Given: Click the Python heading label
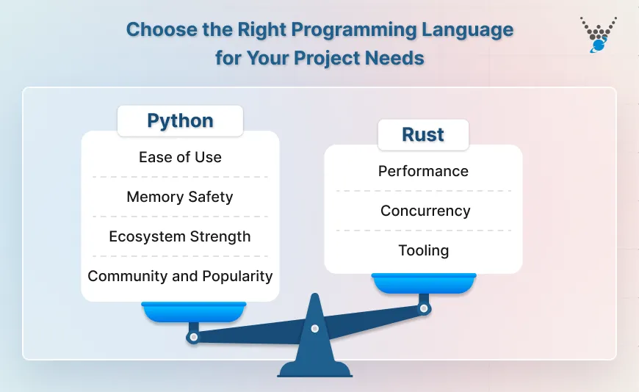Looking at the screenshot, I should [x=180, y=121].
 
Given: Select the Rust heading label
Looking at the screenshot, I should [x=423, y=135].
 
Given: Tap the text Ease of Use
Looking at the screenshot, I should [x=180, y=157].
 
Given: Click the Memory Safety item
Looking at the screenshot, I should [x=180, y=197].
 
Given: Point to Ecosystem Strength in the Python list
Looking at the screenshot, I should [x=180, y=236].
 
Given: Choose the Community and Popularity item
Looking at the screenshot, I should [x=180, y=276].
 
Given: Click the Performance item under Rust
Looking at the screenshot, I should [x=423, y=171].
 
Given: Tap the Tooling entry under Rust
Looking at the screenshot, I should [x=423, y=250].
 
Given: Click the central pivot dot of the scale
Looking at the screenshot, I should [x=314, y=328].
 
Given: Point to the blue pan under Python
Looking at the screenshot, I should [x=194, y=312].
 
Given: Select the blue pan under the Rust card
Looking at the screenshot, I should [x=424, y=283].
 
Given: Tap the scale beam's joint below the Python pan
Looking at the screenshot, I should [x=193, y=338].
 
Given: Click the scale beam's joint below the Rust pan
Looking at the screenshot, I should [x=424, y=309].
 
